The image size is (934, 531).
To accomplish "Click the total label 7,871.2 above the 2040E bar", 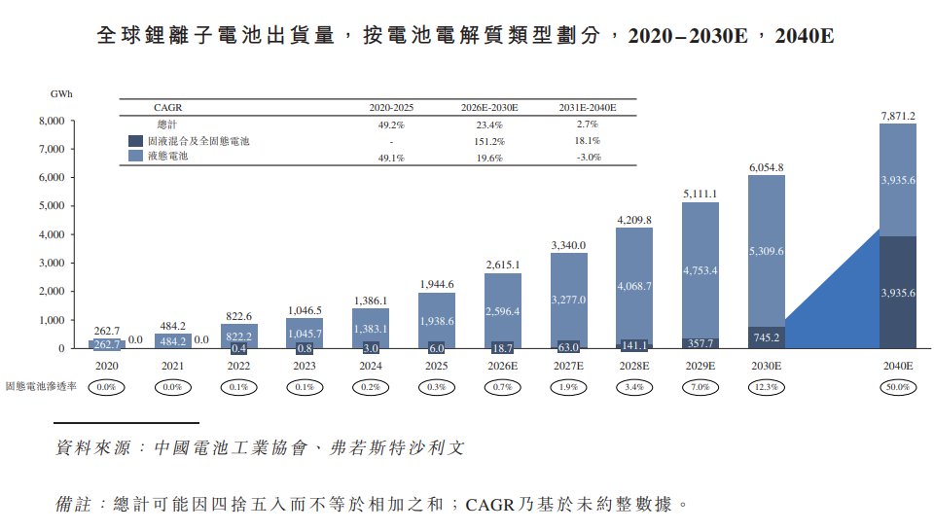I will click(897, 116).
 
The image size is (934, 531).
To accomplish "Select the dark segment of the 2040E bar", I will click(897, 292).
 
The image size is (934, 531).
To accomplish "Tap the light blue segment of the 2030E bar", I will click(766, 251).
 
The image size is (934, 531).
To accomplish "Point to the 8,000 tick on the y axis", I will click(51, 122).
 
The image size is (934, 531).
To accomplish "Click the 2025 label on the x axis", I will click(435, 367).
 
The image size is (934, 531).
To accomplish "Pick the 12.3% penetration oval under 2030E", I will click(766, 387).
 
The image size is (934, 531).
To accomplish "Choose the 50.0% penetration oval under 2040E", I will click(897, 387).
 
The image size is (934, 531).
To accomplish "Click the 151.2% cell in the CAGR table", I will click(488, 141).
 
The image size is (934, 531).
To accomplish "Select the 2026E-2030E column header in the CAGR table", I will click(488, 107).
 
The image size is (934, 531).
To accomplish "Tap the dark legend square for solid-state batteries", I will click(136, 141).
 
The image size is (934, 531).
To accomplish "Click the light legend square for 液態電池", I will click(136, 156).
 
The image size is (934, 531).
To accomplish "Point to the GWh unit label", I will click(61, 94).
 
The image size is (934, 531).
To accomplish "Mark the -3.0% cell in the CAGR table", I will click(588, 156).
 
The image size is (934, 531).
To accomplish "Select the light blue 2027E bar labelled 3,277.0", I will click(568, 300).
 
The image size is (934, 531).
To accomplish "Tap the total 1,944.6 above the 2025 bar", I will click(435, 284).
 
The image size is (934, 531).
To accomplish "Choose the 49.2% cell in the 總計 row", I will click(390, 124).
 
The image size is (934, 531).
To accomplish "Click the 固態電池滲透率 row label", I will click(42, 387).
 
